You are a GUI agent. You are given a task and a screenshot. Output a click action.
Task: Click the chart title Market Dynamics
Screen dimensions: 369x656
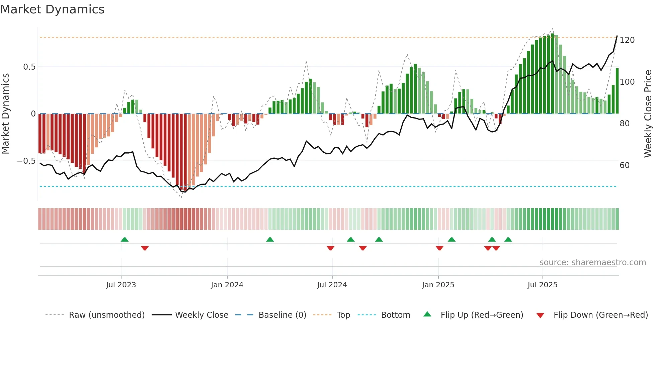coord(52,9)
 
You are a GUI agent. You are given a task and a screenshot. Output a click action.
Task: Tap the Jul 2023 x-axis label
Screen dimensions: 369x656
coord(121,285)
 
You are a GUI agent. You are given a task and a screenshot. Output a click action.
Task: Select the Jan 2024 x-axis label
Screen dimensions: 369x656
coord(227,285)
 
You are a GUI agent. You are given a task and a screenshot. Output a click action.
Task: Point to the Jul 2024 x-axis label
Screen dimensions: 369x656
coord(332,285)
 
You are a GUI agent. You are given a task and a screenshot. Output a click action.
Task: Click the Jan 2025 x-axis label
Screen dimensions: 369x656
coord(438,285)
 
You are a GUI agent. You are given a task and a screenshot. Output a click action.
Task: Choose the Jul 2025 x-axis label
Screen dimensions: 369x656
coord(542,285)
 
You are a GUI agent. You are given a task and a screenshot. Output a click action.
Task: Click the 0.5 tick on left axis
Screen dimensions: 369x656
coord(29,67)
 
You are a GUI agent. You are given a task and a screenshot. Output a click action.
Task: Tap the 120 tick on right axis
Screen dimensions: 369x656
coord(627,40)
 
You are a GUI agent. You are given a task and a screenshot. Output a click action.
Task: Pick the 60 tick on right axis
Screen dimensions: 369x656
coord(625,165)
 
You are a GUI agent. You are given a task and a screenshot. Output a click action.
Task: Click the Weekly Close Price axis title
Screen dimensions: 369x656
coord(648,114)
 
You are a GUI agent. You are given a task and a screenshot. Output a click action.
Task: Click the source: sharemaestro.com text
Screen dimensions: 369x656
coord(592,263)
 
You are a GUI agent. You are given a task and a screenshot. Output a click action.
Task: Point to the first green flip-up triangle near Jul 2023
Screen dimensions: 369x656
coord(125,239)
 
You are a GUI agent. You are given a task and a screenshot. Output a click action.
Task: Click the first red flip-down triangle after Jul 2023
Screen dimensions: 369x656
coord(145,248)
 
